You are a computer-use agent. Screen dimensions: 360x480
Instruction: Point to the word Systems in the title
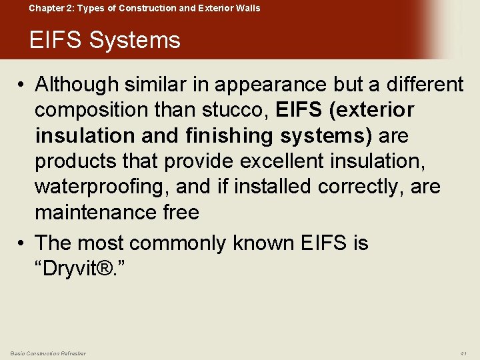pos(135,40)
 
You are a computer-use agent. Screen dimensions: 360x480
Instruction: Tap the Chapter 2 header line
pos(144,8)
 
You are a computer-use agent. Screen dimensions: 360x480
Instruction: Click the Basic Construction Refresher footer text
pos(48,353)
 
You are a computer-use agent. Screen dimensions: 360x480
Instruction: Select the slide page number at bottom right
pos(463,353)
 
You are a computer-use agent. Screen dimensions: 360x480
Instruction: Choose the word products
pos(77,161)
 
